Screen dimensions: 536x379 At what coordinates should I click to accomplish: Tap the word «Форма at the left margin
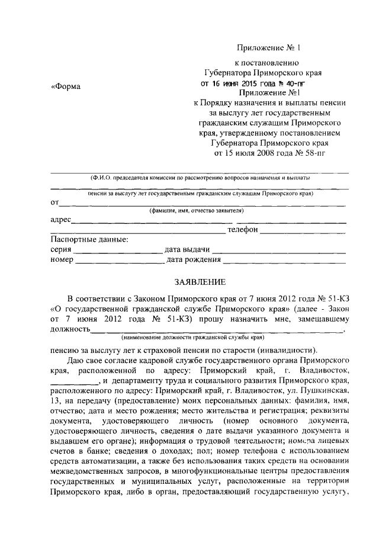click(x=65, y=86)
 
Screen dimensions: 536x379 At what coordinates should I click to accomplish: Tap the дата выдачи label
click(x=188, y=249)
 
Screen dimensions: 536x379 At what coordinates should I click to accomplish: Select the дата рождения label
click(x=194, y=259)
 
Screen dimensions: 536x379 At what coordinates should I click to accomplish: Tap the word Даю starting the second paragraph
click(x=77, y=360)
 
